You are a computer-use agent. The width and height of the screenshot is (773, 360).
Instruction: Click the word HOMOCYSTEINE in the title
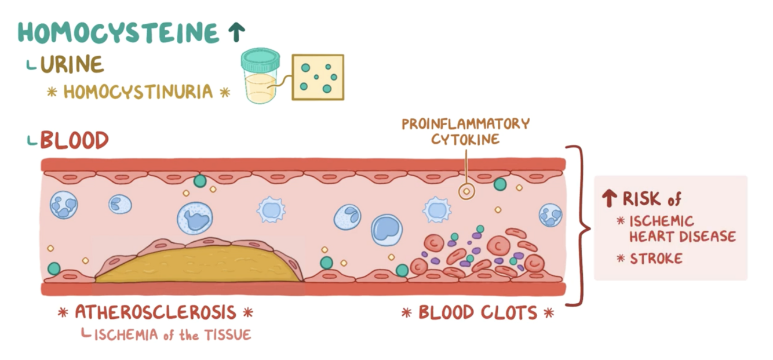click(119, 33)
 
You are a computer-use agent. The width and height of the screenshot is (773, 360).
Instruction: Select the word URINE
click(72, 65)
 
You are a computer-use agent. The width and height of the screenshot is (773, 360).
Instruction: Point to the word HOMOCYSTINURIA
click(138, 92)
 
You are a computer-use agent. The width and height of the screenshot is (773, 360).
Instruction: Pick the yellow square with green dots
click(318, 77)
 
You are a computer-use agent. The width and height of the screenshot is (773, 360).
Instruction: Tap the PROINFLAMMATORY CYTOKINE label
click(466, 131)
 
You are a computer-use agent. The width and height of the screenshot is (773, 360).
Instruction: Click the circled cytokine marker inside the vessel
click(466, 192)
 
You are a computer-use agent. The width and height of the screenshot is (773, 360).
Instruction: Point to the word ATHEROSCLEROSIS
click(155, 312)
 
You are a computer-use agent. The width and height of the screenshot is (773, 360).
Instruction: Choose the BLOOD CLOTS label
click(478, 313)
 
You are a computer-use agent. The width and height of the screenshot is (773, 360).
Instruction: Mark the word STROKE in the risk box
click(657, 259)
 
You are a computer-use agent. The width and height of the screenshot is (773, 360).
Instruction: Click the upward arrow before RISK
click(608, 199)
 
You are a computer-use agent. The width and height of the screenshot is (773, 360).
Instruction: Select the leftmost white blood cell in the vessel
click(63, 205)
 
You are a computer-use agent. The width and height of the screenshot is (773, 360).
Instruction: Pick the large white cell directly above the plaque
click(195, 218)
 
